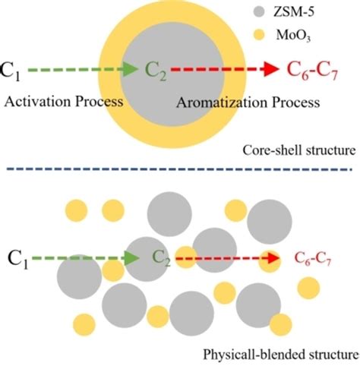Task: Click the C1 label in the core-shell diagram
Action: [11, 71]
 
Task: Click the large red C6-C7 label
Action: [314, 71]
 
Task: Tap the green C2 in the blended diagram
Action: [159, 257]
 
